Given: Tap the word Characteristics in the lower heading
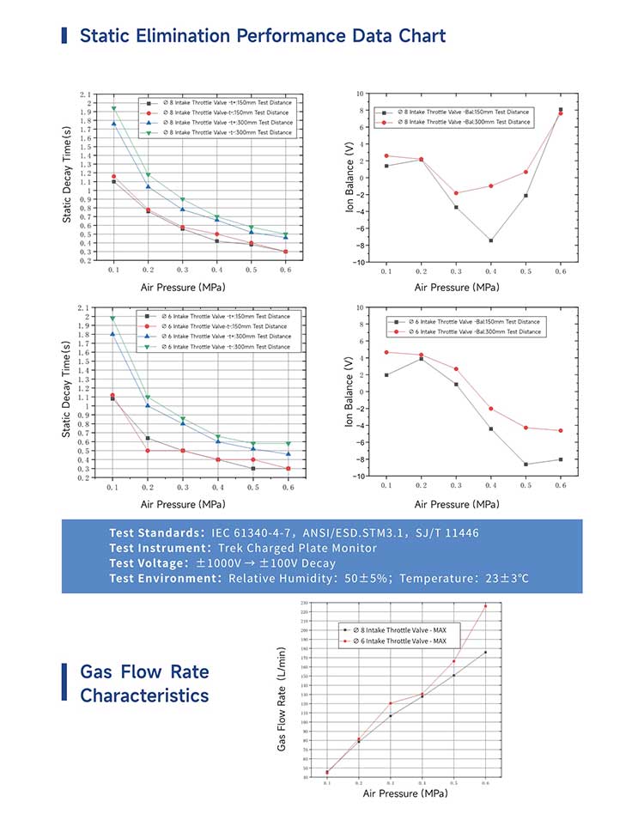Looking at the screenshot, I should (x=144, y=695).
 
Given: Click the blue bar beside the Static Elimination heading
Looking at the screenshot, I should (x=64, y=35).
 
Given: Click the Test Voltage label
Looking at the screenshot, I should (x=155, y=563).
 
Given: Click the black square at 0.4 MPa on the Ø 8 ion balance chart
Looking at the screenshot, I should (x=491, y=240).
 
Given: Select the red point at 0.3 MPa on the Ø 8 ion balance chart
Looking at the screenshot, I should (x=456, y=193).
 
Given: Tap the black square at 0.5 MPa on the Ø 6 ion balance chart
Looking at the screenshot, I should (x=526, y=465).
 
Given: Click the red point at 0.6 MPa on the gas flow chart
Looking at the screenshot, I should (x=485, y=606).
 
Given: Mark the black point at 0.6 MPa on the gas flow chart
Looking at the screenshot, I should (x=485, y=653).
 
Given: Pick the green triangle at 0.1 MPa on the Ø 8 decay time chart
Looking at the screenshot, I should (x=113, y=109).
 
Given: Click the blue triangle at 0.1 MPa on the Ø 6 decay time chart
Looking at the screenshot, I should (x=112, y=334).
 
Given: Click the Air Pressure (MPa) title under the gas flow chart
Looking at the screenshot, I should (x=405, y=793).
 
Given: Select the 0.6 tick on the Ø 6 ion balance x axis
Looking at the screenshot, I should (x=561, y=486).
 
